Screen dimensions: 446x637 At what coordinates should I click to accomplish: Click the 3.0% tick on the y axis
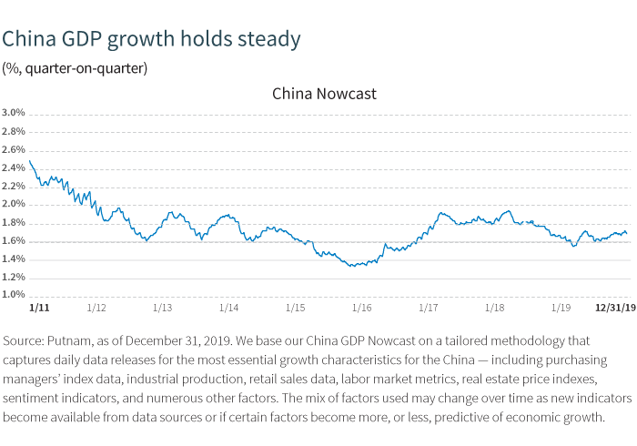click(14, 114)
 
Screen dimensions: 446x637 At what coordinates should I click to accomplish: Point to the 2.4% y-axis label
click(14, 168)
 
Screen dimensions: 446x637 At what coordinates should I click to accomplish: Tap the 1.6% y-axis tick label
click(14, 241)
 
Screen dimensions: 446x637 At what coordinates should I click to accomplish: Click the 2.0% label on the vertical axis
click(14, 205)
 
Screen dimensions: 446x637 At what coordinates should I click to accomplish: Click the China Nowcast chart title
click(324, 94)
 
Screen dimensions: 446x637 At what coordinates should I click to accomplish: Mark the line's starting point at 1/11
click(30, 161)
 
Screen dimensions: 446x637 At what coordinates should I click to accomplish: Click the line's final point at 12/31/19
click(626, 234)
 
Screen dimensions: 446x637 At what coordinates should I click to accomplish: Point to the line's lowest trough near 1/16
click(351, 266)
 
